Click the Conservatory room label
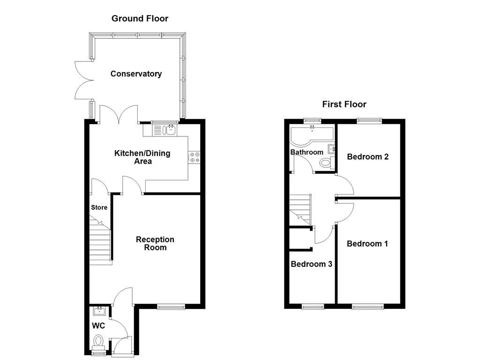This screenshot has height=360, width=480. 136,74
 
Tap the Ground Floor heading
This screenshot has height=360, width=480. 140,19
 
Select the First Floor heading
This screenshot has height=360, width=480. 344,104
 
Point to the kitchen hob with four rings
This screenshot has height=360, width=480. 194,157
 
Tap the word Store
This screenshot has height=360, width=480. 99,207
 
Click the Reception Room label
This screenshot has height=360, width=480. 155,243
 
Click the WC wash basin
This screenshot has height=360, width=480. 99,310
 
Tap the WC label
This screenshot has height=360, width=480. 98,325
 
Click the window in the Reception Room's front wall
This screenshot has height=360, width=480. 171,307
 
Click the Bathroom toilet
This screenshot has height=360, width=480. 325,163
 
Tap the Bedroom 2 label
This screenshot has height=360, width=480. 368,157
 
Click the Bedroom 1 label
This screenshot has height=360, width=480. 367,243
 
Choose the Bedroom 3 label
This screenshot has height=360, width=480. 312,264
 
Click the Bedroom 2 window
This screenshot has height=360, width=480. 369,121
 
